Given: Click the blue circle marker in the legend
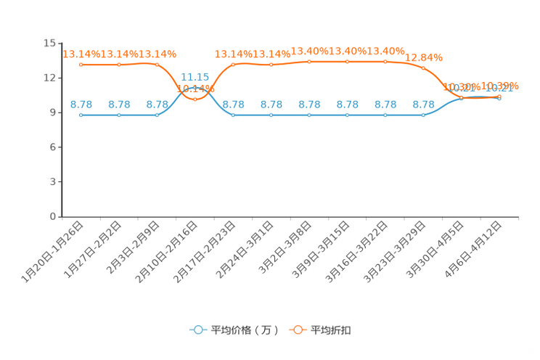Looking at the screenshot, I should pyautogui.click(x=197, y=330).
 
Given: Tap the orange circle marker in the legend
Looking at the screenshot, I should pyautogui.click(x=297, y=330).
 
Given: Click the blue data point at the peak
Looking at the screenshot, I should pyautogui.click(x=195, y=88).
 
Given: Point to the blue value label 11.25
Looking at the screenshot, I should pyautogui.click(x=195, y=76).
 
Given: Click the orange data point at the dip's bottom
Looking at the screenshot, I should pyautogui.click(x=195, y=99).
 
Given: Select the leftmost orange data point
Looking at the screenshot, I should pyautogui.click(x=81, y=65).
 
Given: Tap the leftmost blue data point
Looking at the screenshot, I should pyautogui.click(x=81, y=115).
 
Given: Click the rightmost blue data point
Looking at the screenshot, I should pyautogui.click(x=499, y=98).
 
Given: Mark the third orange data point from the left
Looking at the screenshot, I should pyautogui.click(x=157, y=65).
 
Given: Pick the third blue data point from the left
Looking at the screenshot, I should pyautogui.click(x=157, y=115).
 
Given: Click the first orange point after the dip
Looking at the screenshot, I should pyautogui.click(x=233, y=65).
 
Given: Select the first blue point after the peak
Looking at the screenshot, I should pyautogui.click(x=233, y=115).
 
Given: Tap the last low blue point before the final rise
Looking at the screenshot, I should pyautogui.click(x=423, y=115).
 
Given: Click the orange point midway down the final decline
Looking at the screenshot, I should pyautogui.click(x=423, y=67).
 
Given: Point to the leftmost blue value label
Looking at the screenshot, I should pyautogui.click(x=81, y=105).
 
